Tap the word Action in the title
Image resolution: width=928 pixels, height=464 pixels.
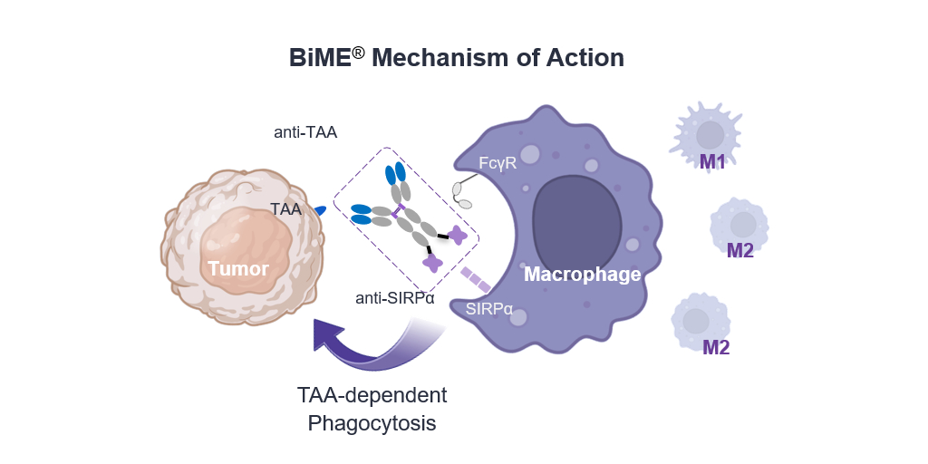click(x=585, y=58)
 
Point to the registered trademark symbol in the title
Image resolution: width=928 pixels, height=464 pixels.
click(x=359, y=51)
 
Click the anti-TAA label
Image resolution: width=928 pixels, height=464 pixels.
click(x=305, y=132)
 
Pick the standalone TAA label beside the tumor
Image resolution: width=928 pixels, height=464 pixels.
click(x=285, y=209)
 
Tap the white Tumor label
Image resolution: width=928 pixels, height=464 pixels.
click(x=238, y=268)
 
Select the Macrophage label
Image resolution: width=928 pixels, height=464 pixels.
click(x=583, y=274)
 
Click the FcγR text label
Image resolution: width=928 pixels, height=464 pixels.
click(x=498, y=163)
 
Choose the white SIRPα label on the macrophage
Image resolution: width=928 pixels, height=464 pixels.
click(x=489, y=309)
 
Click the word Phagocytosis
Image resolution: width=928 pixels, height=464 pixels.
click(x=372, y=423)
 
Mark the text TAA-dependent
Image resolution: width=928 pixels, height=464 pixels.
click(x=372, y=396)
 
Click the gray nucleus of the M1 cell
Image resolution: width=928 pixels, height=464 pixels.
click(x=710, y=136)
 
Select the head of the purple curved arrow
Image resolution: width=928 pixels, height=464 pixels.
click(x=328, y=336)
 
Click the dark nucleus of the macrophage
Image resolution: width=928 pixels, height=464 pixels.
click(x=577, y=217)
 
